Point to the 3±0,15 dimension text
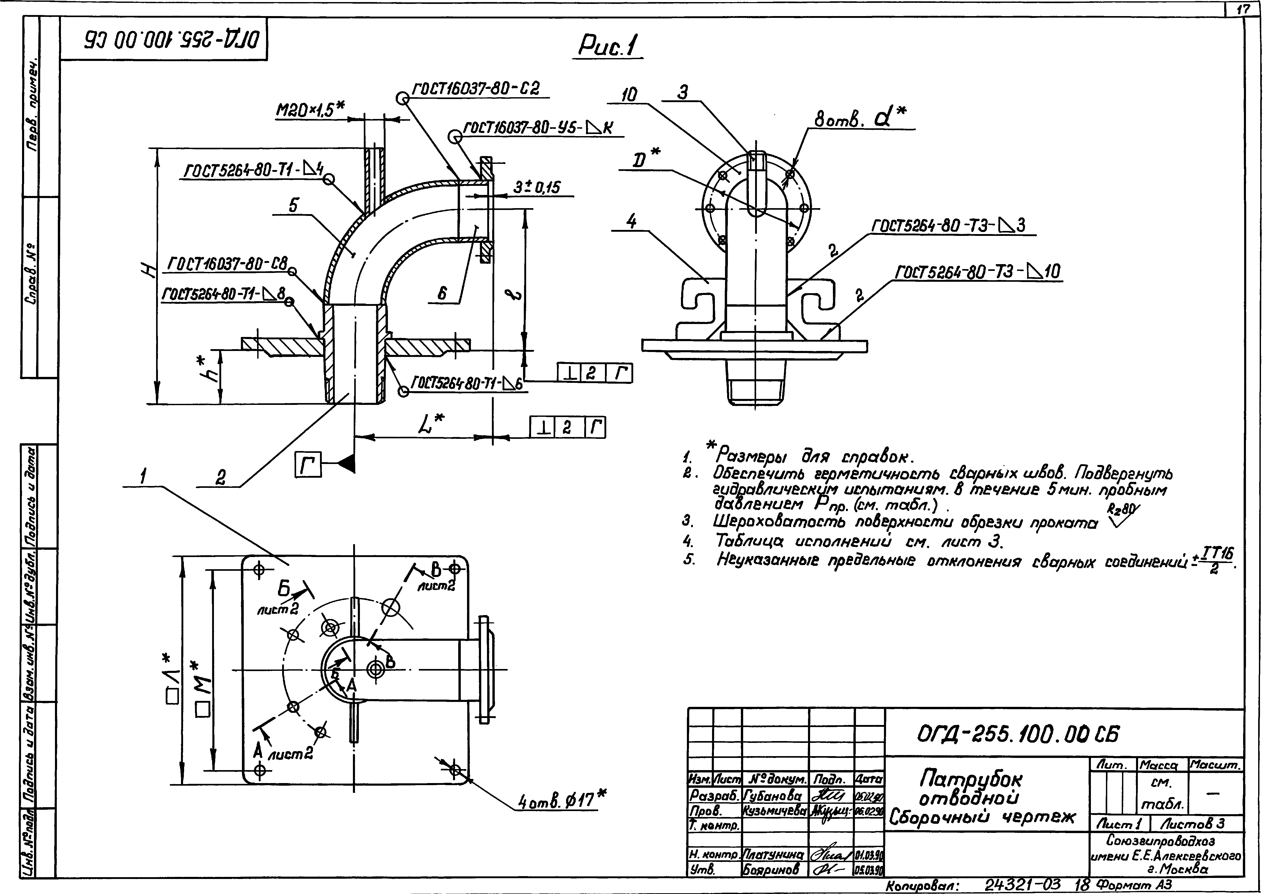tap(536, 188)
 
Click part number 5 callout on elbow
tap(293, 205)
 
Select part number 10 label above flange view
tap(629, 95)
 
